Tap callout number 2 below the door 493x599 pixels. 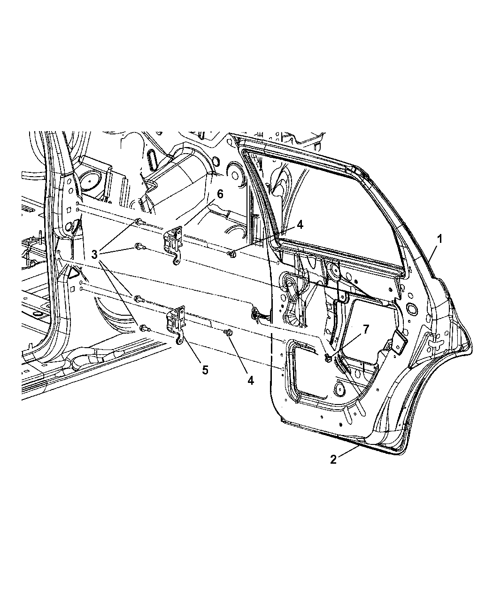click(x=333, y=459)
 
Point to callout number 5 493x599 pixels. click(x=205, y=370)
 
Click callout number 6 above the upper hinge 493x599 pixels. click(x=220, y=194)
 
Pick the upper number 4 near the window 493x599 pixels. click(x=299, y=225)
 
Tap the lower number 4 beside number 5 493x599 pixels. click(x=250, y=381)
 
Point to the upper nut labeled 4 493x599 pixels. click(x=231, y=254)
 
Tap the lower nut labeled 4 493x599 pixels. click(x=229, y=333)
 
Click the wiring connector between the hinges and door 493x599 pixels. click(x=257, y=313)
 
